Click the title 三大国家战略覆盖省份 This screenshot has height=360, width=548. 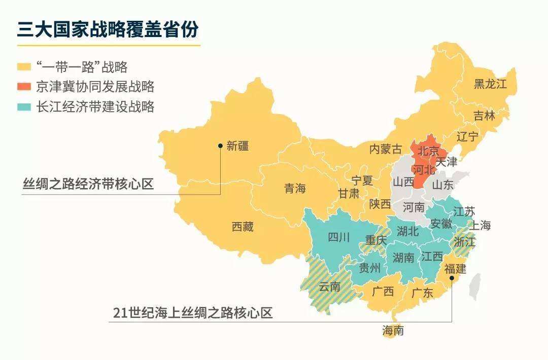108,29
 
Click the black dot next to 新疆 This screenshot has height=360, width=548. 220,146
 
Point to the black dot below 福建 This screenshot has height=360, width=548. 452,278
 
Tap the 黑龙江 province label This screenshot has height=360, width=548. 490,84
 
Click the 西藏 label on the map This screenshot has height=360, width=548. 242,227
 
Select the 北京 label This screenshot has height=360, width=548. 428,151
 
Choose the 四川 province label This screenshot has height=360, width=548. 338,237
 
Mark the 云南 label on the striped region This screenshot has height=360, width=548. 329,286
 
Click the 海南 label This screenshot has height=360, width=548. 393,331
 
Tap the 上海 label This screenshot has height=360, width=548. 479,225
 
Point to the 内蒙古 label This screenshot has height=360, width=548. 385,149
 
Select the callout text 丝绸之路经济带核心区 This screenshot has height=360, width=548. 88,184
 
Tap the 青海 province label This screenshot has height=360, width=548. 295,189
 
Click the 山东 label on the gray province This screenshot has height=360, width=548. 442,185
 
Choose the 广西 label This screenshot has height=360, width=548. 383,292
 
